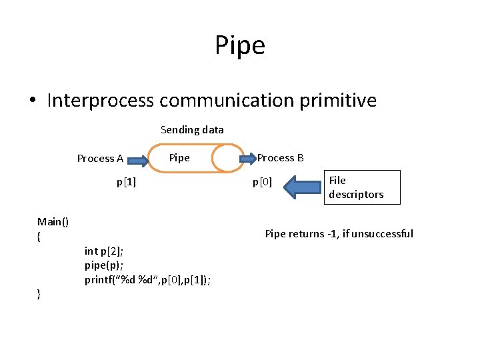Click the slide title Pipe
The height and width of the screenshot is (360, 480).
[240, 46]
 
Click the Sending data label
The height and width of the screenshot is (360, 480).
[192, 129]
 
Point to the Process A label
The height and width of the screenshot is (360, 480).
[100, 159]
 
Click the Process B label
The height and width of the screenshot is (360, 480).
[281, 158]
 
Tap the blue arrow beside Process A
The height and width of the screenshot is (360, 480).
[138, 160]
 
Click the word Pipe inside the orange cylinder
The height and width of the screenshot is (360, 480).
[179, 158]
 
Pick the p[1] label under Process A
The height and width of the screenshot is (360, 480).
[126, 181]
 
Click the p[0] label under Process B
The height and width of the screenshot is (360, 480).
[262, 181]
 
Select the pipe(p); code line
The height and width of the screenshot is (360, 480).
[103, 265]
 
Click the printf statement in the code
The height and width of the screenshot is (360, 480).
[147, 280]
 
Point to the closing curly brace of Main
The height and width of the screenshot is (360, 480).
[39, 295]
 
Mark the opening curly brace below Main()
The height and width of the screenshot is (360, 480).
[39, 237]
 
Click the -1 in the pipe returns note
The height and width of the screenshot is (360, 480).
[330, 234]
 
